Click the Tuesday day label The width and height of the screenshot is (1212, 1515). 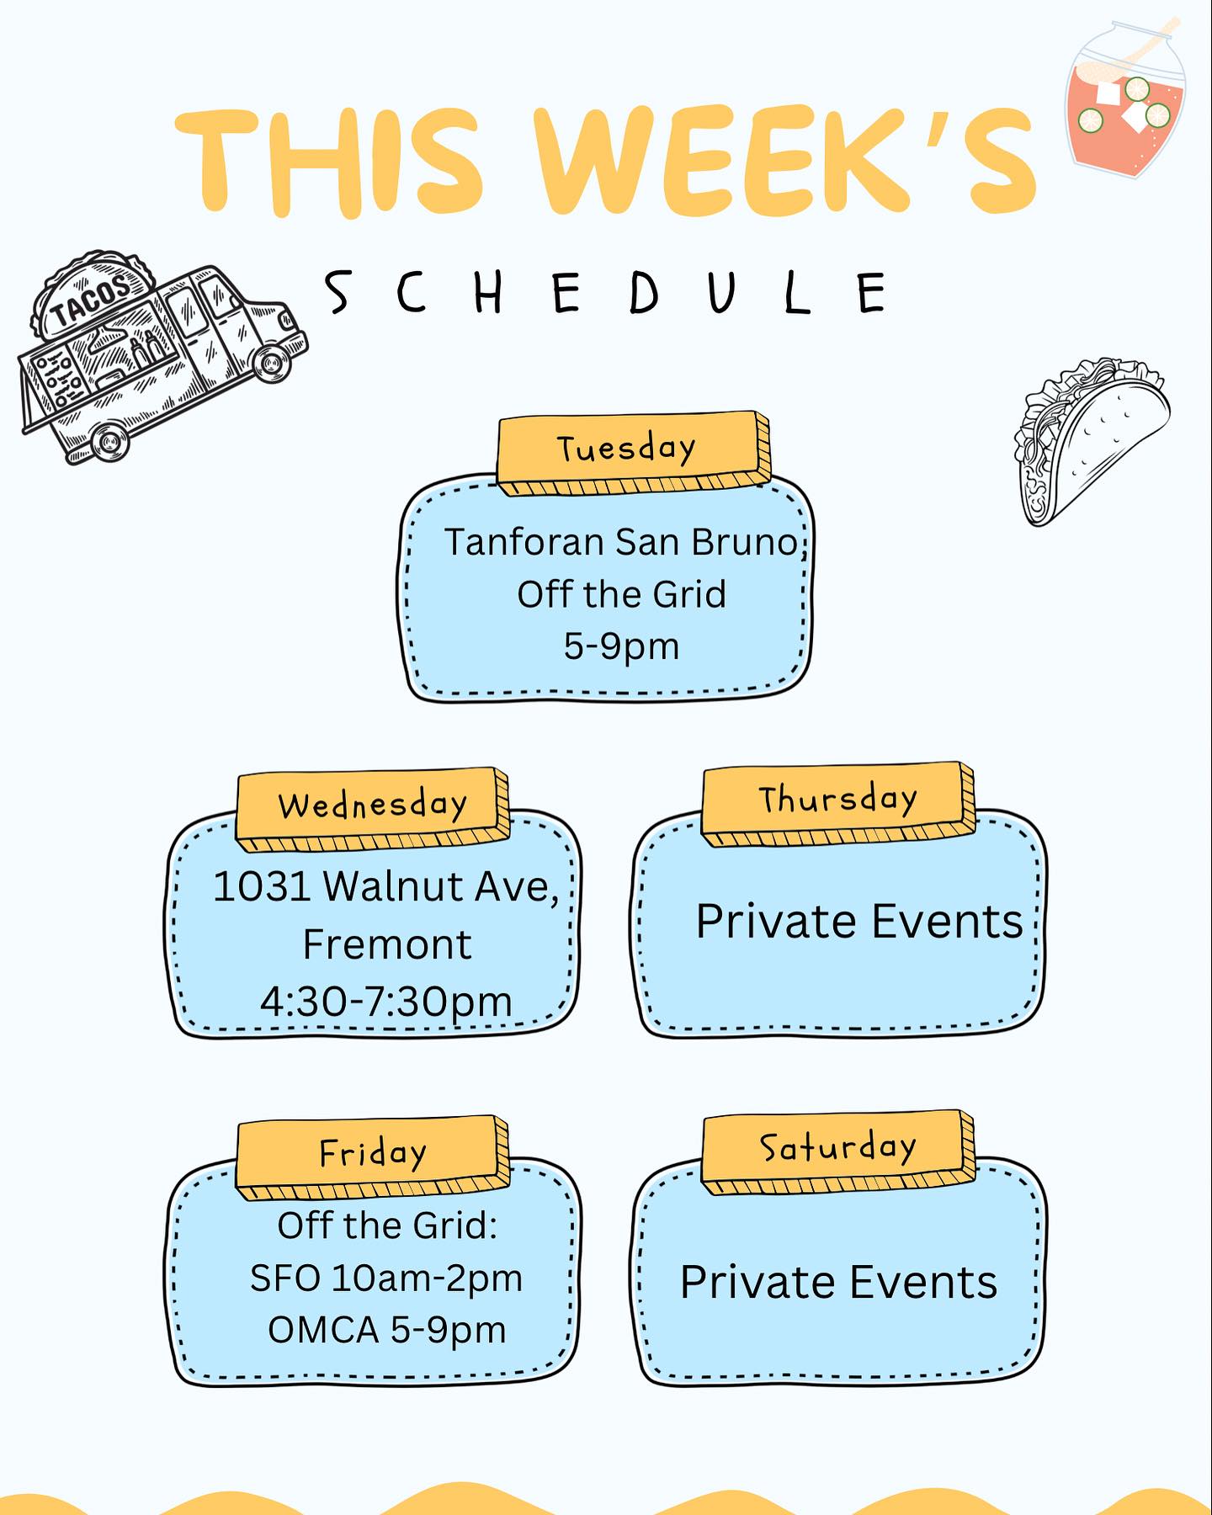pyautogui.click(x=626, y=448)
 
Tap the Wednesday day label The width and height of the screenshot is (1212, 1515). pyautogui.click(x=373, y=805)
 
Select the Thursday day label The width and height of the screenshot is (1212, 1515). pyautogui.click(x=837, y=799)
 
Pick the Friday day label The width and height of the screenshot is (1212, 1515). pyautogui.click(x=373, y=1153)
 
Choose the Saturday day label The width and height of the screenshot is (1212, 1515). pyautogui.click(x=837, y=1147)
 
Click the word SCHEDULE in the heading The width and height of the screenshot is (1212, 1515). pyautogui.click(x=606, y=293)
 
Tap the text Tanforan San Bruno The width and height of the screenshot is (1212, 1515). pyautogui.click(x=621, y=542)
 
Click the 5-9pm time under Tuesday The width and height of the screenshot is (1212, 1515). pyautogui.click(x=621, y=646)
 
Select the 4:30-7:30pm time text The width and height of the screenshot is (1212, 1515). pyautogui.click(x=386, y=1002)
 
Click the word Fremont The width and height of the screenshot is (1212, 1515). pyautogui.click(x=386, y=944)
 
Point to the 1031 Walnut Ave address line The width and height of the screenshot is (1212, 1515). pyautogui.click(x=386, y=887)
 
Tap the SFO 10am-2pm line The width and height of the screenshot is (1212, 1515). pyautogui.click(x=386, y=1278)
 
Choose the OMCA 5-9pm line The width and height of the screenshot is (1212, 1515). pyautogui.click(x=386, y=1330)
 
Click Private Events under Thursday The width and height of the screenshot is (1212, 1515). pyautogui.click(x=858, y=921)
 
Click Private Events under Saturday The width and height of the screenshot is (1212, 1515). pyautogui.click(x=838, y=1282)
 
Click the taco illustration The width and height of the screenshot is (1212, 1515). pyautogui.click(x=1091, y=442)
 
